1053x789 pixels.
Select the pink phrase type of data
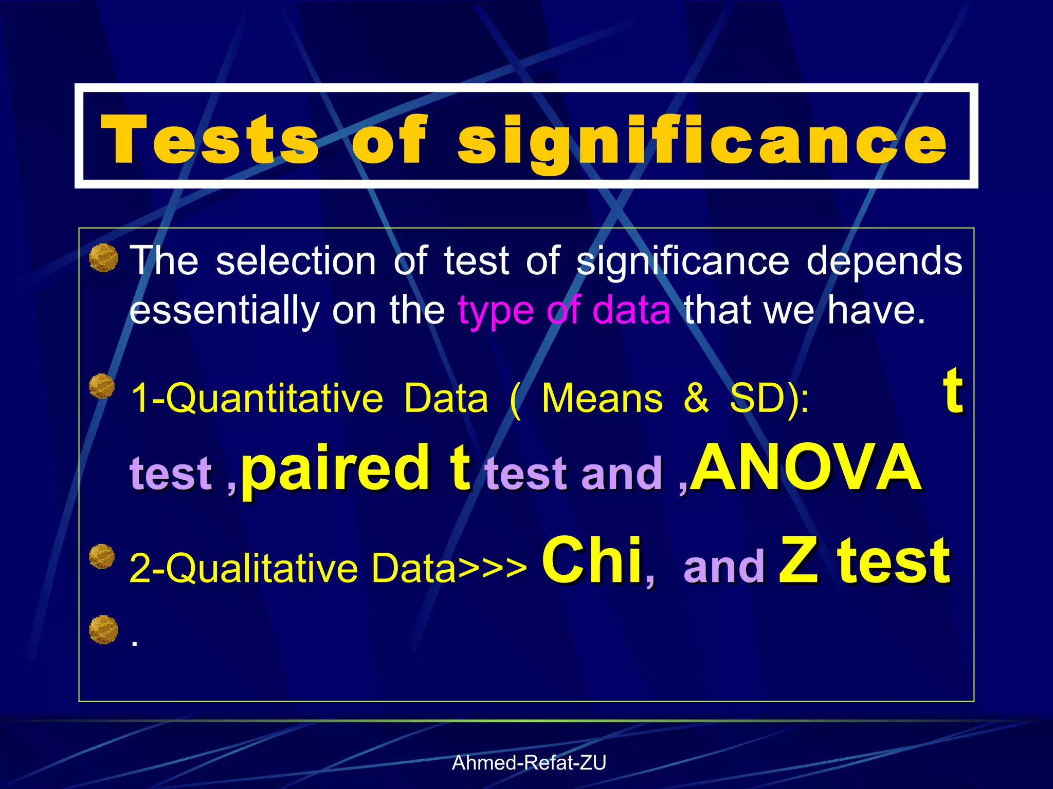(564, 310)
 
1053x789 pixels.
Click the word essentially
(224, 310)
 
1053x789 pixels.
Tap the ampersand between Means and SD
(696, 399)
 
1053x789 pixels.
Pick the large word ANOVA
(806, 468)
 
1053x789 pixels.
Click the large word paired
(334, 468)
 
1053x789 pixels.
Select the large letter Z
(798, 561)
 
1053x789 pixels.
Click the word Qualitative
(260, 568)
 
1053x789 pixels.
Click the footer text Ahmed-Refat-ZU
(529, 763)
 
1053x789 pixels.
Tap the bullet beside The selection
(103, 258)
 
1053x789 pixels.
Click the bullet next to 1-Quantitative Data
(102, 386)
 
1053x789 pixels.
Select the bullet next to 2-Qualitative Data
(102, 557)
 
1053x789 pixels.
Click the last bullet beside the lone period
(103, 629)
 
